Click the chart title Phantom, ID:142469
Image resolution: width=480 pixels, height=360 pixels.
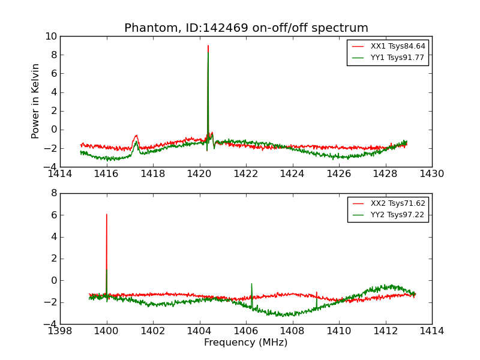[x=246, y=28]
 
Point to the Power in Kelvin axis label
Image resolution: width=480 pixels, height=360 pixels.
[x=36, y=101]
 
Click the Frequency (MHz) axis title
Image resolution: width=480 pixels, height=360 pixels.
[x=246, y=343]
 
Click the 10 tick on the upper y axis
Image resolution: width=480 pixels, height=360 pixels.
[x=51, y=37]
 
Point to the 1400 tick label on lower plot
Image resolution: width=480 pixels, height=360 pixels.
[x=107, y=331]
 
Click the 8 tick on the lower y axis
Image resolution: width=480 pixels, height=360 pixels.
[x=53, y=193]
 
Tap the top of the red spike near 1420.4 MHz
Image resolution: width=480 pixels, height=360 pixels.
[x=208, y=46]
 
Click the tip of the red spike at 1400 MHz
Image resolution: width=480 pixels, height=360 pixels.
[x=107, y=214]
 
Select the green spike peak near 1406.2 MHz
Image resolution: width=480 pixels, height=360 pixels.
[x=251, y=284]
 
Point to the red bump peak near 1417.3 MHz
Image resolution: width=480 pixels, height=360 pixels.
[x=137, y=135]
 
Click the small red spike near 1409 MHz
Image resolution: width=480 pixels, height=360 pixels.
[x=317, y=292]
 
